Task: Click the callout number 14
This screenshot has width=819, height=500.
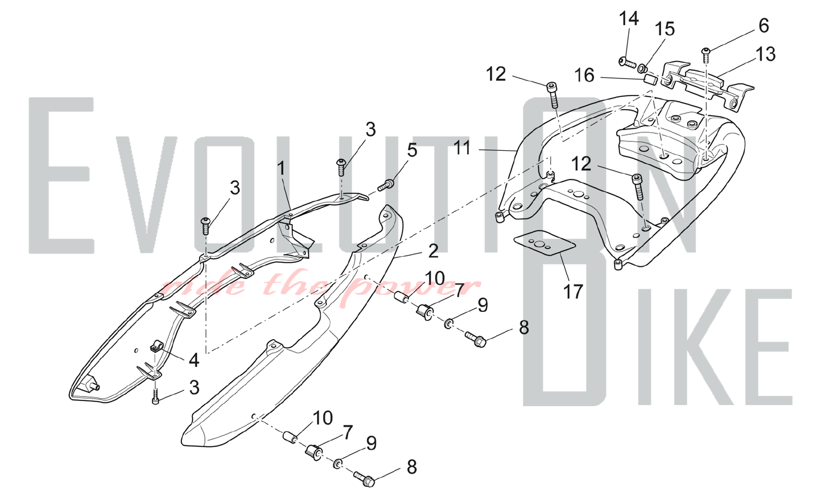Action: coord(629,19)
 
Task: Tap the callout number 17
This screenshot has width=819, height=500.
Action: coord(573,292)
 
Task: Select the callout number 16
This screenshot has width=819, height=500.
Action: coord(584,75)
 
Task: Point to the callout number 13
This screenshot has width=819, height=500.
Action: coord(765,54)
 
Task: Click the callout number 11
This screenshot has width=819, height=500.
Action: coord(463,148)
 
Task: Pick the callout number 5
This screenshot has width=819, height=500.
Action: coord(412,150)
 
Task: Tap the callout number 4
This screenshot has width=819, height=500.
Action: coord(194,360)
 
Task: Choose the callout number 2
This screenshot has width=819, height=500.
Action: coord(433,251)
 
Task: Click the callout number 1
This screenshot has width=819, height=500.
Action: coord(281,168)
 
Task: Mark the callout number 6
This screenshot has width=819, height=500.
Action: coord(764,25)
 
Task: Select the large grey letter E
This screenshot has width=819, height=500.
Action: coord(61,175)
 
